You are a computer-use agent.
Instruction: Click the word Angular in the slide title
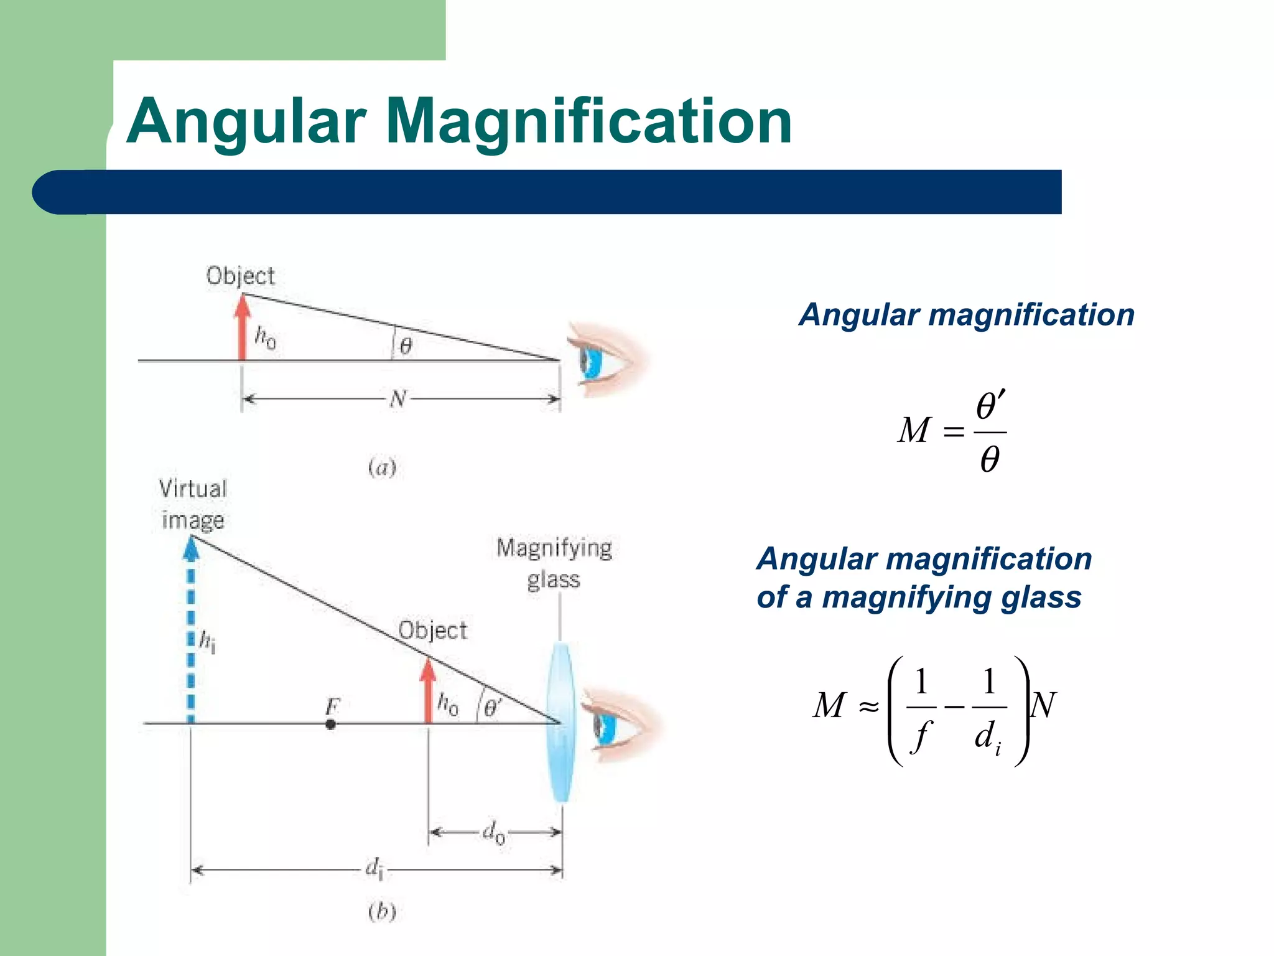(246, 123)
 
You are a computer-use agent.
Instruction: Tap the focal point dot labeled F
(331, 724)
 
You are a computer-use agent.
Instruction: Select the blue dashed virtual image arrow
(191, 629)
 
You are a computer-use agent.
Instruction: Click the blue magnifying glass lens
(561, 722)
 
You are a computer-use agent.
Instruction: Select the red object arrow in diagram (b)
(428, 691)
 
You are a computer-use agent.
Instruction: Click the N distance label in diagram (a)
(399, 398)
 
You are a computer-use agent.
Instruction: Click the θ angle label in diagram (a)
(406, 346)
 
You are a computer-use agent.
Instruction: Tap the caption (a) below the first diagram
(382, 467)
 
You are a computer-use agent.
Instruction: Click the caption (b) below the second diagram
(382, 912)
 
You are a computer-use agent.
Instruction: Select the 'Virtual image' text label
(193, 504)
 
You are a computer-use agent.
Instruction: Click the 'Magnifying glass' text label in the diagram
(554, 563)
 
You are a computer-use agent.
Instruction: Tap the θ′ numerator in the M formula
(990, 407)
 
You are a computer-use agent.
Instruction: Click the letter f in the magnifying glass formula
(921, 736)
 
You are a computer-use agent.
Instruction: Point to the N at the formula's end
(1044, 706)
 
